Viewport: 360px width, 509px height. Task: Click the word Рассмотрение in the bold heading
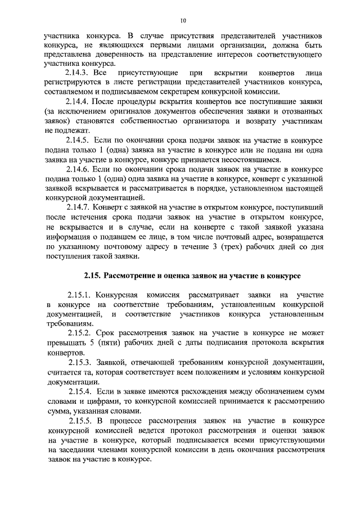point(134,276)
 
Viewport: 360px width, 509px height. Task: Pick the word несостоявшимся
point(252,160)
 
